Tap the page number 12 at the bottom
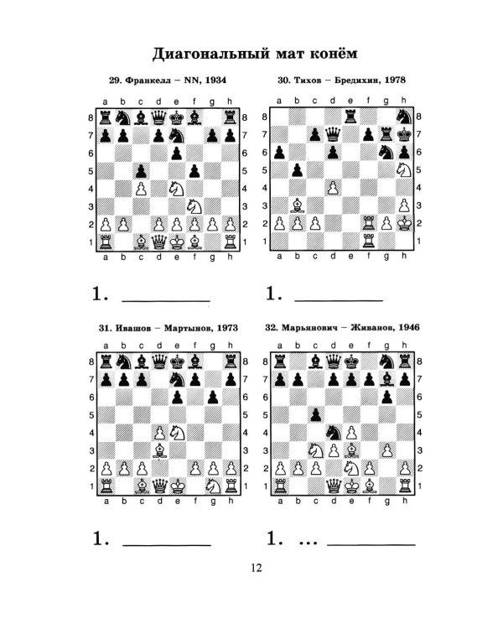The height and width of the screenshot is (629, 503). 256,568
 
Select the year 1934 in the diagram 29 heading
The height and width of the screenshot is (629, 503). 215,80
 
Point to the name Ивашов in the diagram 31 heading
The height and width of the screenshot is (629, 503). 132,328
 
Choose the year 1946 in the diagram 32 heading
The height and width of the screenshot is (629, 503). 408,327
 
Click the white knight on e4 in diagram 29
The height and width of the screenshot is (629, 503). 177,189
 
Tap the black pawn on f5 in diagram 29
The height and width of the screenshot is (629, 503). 194,171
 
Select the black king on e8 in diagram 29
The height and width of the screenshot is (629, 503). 177,117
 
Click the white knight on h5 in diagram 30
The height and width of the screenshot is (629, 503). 404,169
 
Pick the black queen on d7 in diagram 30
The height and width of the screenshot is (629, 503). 333,134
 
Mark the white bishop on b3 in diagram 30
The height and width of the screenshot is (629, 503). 298,205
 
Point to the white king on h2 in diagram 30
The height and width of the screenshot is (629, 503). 404,222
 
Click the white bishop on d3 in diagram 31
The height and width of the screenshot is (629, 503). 159,450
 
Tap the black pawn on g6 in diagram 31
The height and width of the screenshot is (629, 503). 213,398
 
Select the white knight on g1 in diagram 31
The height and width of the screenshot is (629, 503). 213,486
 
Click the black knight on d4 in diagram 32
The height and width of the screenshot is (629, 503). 334,433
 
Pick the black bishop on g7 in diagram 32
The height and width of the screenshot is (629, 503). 386,379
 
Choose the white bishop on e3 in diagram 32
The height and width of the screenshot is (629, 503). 351,450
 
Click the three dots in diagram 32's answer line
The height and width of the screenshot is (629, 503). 308,543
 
